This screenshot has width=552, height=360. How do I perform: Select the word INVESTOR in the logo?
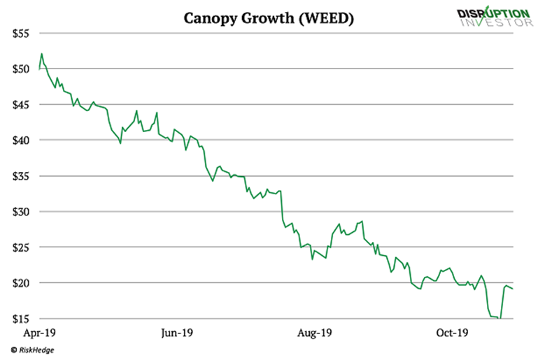[497, 22]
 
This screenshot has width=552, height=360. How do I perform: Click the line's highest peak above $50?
[42, 53]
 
